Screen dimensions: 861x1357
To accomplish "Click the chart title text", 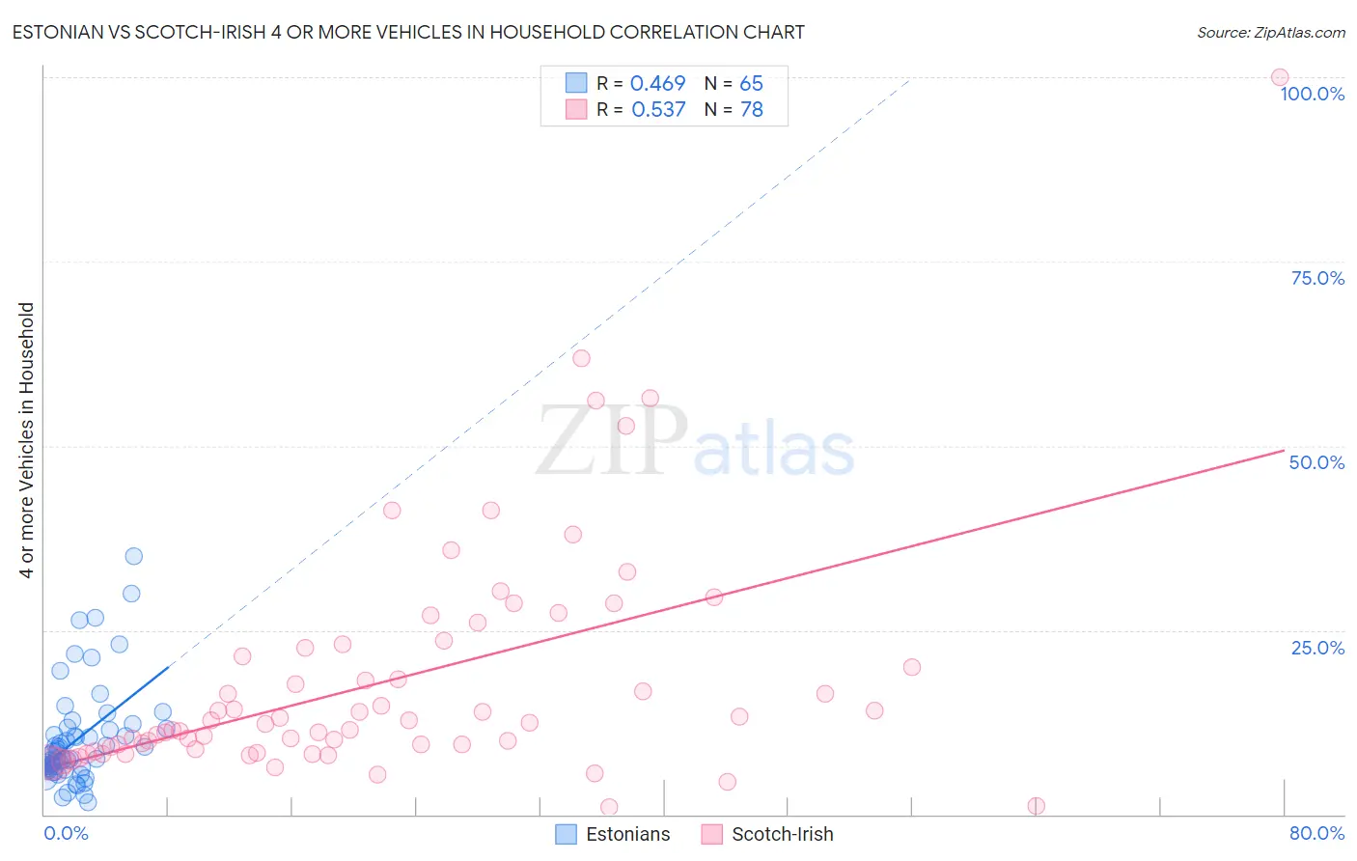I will (x=408, y=33).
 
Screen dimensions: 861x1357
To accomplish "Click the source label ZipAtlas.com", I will (x=1270, y=33).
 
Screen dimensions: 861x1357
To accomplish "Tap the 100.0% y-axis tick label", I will (x=1312, y=94).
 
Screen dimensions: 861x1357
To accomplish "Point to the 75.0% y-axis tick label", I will (x=1317, y=278).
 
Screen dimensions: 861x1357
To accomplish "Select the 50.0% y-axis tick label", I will (x=1316, y=462).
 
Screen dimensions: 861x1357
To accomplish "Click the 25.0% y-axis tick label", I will (x=1317, y=648).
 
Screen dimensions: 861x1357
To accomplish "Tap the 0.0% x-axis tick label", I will (x=66, y=833).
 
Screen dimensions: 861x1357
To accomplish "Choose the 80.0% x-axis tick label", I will (x=1316, y=833).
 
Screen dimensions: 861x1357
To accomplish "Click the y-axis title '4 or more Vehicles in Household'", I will (x=27, y=440).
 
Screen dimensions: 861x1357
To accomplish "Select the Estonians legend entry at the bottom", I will (x=614, y=834).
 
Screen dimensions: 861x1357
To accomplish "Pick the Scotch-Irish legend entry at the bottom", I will (x=768, y=834).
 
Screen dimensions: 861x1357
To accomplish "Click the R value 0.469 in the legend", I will (x=657, y=84).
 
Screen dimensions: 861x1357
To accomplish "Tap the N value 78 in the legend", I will (x=751, y=110).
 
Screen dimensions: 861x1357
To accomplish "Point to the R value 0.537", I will (x=658, y=110).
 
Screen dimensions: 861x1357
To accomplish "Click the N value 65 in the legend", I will (x=751, y=84).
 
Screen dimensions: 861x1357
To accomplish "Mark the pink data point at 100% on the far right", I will (x=1280, y=77).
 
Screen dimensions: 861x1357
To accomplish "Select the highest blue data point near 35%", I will (x=134, y=556).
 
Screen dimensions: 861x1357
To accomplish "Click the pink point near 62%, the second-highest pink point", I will (x=581, y=358).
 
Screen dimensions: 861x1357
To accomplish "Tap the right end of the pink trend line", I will (x=1284, y=451).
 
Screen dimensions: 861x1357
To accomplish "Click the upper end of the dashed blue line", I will (x=909, y=81).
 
